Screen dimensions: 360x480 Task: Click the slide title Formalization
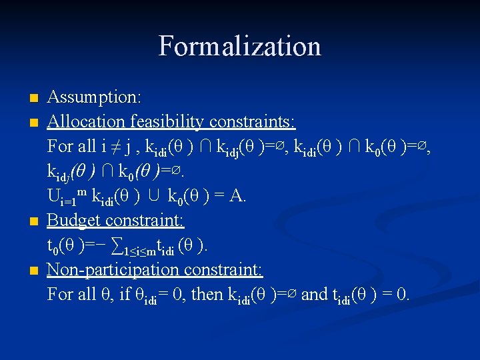pos(240,47)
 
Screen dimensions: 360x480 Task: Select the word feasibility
pos(167,121)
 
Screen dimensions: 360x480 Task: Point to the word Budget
pos(73,220)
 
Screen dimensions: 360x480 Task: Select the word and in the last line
pos(315,294)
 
